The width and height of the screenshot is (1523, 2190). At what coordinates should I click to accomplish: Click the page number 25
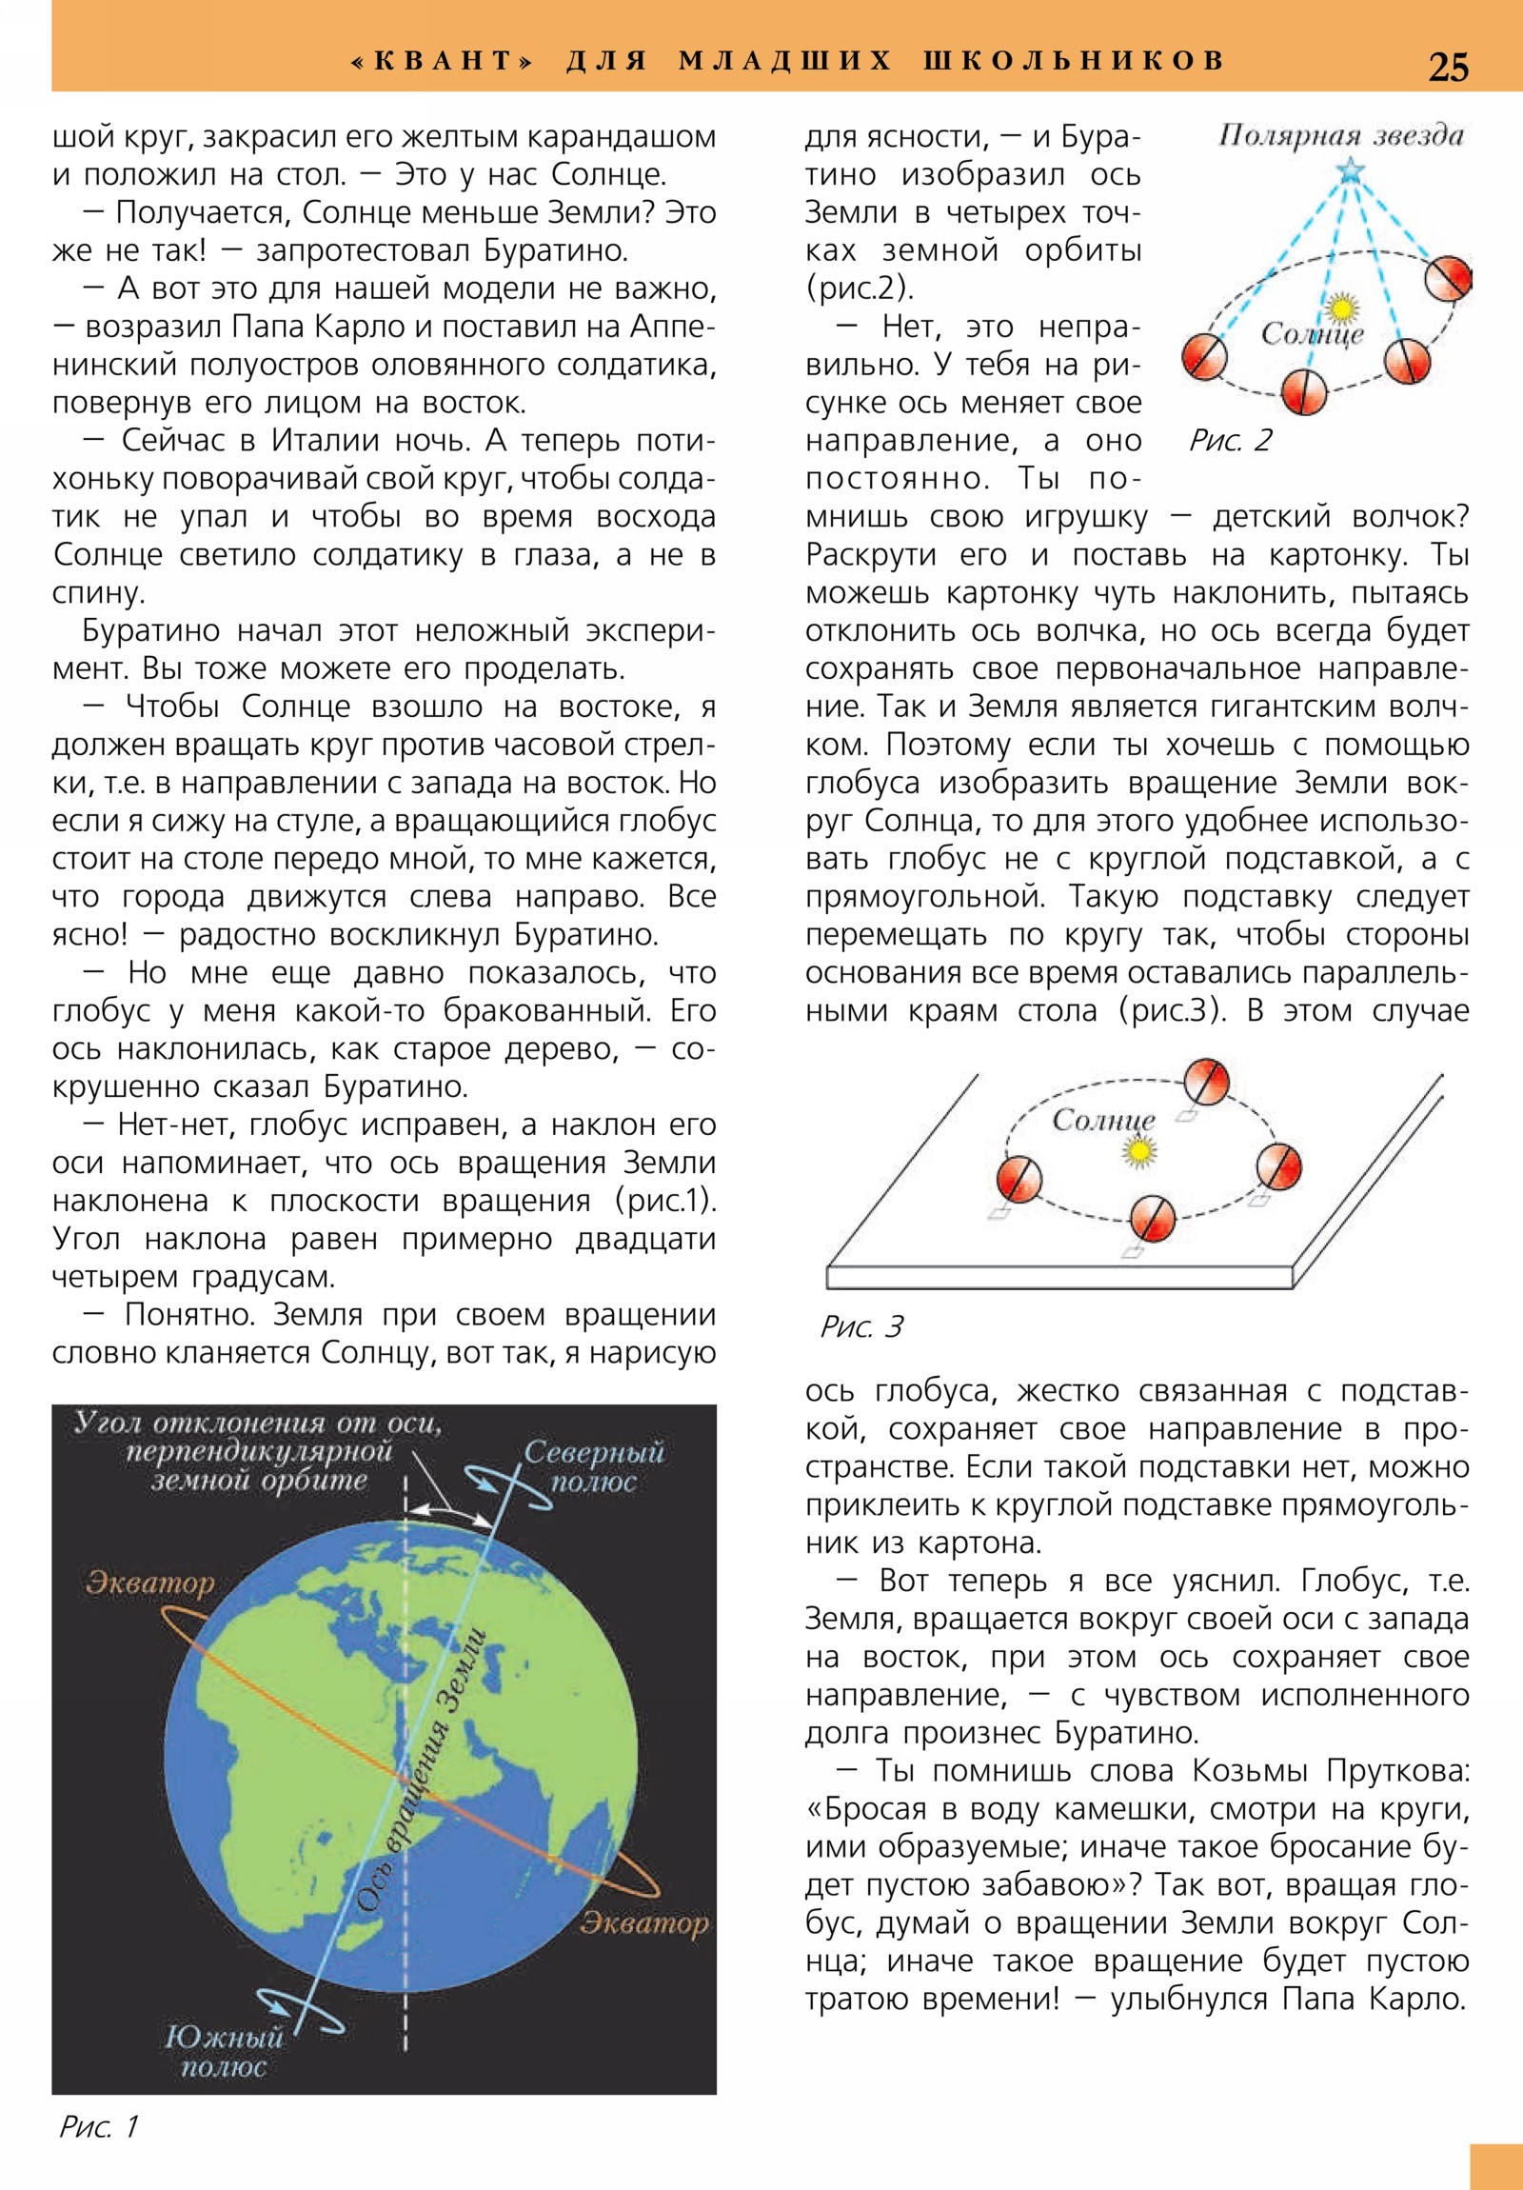(x=1448, y=67)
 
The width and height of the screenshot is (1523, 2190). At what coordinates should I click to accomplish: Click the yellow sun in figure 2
(x=1343, y=308)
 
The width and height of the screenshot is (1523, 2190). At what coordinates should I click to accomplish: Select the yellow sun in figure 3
(x=1137, y=1152)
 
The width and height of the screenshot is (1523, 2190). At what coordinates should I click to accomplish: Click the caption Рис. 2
(x=1230, y=441)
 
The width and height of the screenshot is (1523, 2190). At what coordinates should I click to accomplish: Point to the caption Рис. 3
(x=861, y=1326)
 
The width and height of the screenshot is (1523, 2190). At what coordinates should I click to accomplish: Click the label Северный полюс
(x=593, y=1467)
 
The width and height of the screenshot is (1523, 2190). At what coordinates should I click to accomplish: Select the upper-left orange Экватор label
(x=149, y=1583)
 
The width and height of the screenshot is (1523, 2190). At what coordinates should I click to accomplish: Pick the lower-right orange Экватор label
(x=644, y=1923)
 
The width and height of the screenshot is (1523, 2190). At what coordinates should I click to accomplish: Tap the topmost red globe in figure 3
(x=1205, y=1082)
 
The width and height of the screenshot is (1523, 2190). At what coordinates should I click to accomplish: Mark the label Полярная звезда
(x=1340, y=135)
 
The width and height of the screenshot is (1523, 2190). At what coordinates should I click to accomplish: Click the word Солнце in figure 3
(x=1103, y=1120)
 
